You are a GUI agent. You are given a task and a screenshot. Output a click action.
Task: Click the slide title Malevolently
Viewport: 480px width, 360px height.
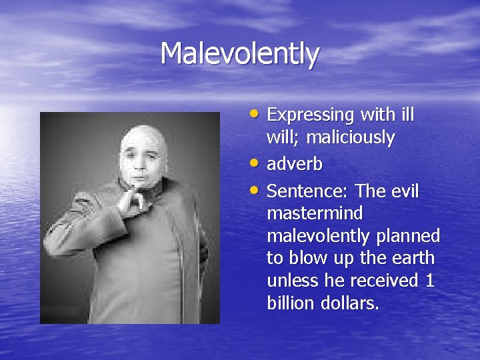(x=240, y=53)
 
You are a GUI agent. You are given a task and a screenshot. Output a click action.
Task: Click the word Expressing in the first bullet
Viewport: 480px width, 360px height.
(x=311, y=115)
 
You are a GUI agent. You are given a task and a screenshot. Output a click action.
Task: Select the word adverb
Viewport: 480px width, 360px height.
(x=294, y=164)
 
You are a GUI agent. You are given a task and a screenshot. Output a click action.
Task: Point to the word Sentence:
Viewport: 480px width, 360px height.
(x=308, y=192)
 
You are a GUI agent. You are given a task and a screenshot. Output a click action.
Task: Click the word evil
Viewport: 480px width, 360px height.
(x=404, y=192)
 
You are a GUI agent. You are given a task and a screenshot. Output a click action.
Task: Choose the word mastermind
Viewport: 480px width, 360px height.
(x=315, y=214)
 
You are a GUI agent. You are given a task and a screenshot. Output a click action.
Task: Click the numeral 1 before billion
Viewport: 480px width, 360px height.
(x=429, y=281)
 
